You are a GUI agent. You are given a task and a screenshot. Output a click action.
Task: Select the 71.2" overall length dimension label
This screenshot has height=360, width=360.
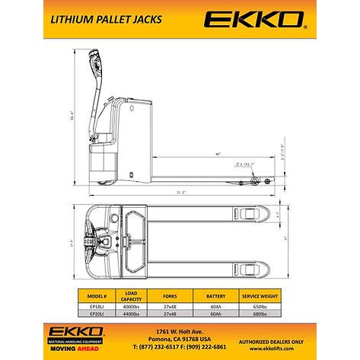pyautogui.click(x=182, y=193)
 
